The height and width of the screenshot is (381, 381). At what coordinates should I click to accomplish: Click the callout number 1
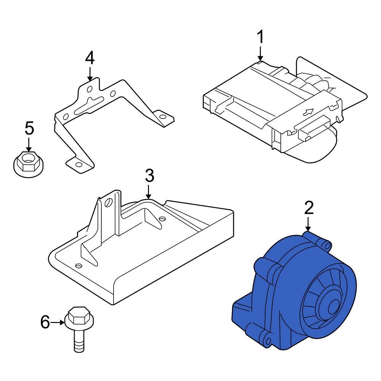(x=260, y=38)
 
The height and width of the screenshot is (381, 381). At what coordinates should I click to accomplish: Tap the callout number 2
(x=309, y=208)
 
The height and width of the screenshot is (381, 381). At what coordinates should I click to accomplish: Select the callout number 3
(x=149, y=176)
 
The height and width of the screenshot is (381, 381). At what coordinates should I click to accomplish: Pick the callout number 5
(x=29, y=128)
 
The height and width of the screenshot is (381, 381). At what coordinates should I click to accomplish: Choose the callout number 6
(x=45, y=323)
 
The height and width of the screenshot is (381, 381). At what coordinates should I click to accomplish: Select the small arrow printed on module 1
(x=308, y=112)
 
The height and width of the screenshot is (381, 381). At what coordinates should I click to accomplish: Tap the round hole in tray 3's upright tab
(x=109, y=203)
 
